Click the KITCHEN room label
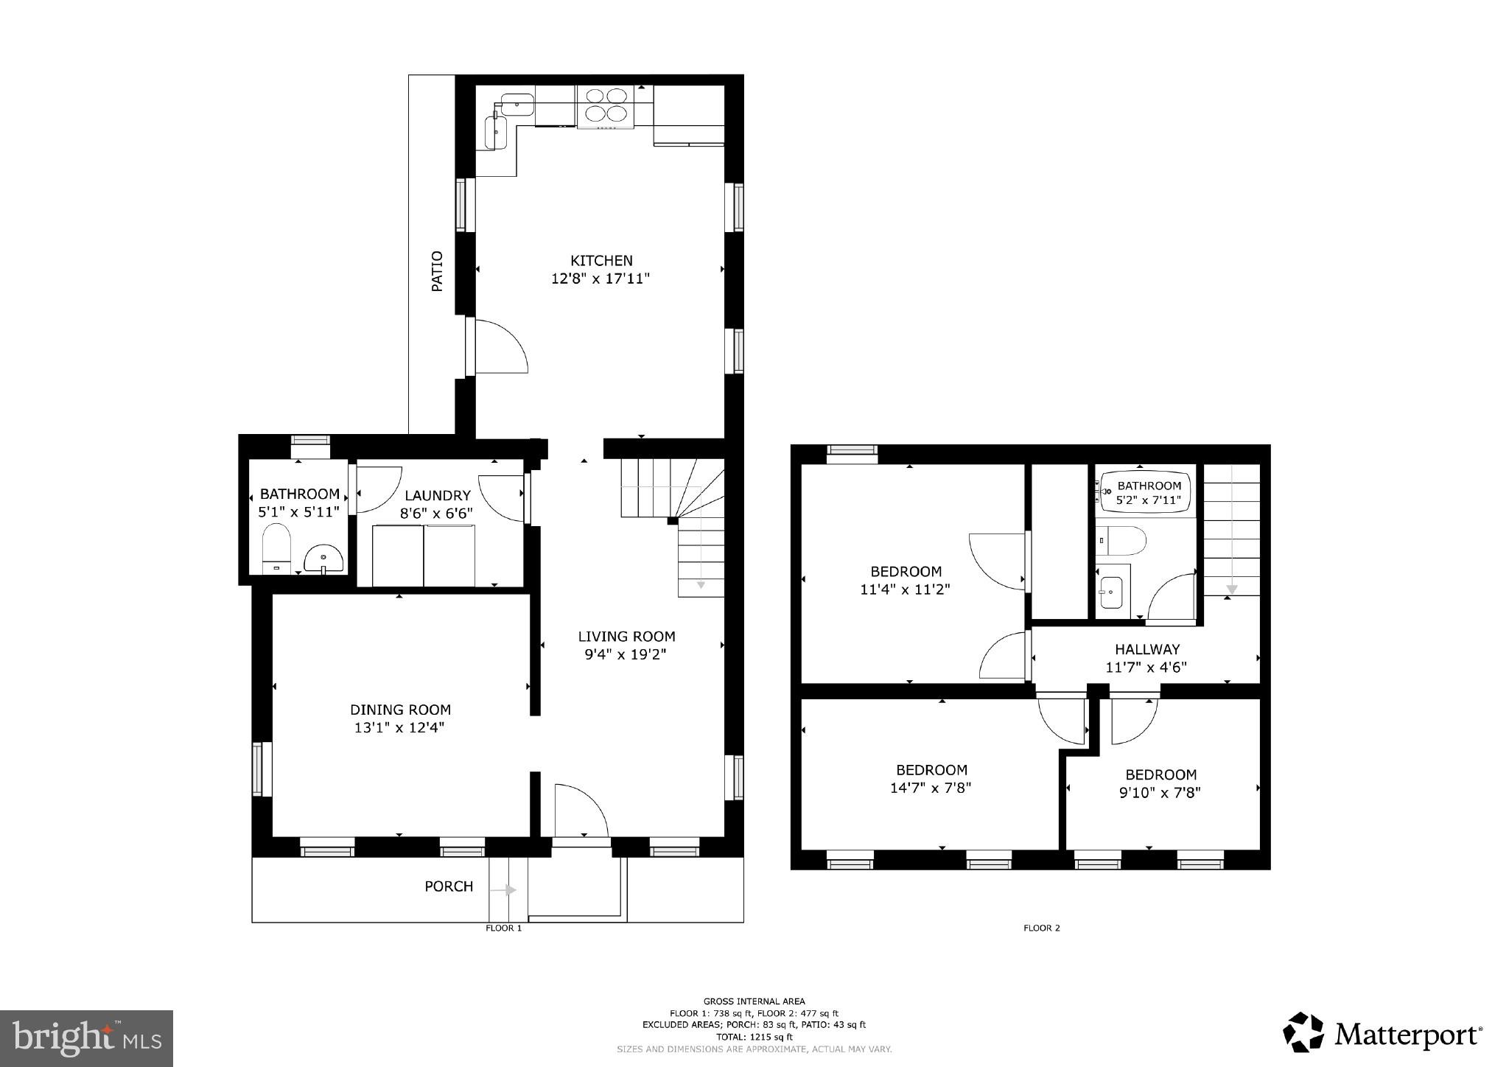[601, 260]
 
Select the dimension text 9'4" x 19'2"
[626, 654]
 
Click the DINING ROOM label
[400, 710]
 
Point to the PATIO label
[437, 271]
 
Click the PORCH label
[449, 886]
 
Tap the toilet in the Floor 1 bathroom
[276, 548]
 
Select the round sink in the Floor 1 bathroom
[323, 559]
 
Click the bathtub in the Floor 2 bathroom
[1144, 492]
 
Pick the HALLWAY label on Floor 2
[1146, 649]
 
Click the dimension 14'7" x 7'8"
[930, 788]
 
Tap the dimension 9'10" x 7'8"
[1160, 793]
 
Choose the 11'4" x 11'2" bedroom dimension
[905, 590]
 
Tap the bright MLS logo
[86, 1039]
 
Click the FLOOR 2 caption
[1041, 928]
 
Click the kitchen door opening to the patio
[501, 346]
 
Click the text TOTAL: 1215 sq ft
[754, 1036]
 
